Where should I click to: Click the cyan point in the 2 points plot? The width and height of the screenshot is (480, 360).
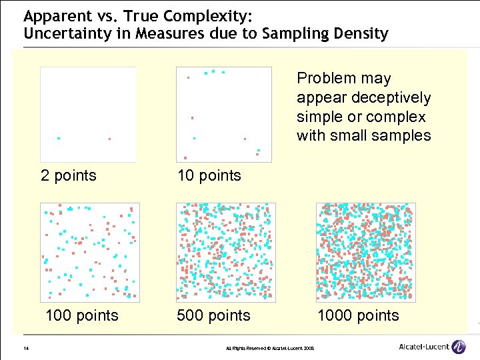pyautogui.click(x=59, y=139)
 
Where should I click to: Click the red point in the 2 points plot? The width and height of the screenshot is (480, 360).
pyautogui.click(x=109, y=139)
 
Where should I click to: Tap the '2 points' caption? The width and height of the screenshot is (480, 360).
pyautogui.click(x=69, y=175)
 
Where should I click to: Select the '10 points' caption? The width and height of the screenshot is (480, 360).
pyautogui.click(x=209, y=175)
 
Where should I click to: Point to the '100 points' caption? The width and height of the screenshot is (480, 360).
pyautogui.click(x=81, y=315)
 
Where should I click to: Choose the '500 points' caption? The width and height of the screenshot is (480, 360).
pyautogui.click(x=213, y=315)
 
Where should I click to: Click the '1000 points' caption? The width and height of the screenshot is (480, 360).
pyautogui.click(x=358, y=315)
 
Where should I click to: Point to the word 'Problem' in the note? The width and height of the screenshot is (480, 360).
pyautogui.click(x=325, y=79)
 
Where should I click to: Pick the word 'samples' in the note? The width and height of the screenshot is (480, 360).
pyautogui.click(x=402, y=136)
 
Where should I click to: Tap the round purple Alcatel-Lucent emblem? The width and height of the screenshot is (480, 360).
pyautogui.click(x=459, y=347)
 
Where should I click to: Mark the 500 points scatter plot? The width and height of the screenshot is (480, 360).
pyautogui.click(x=225, y=252)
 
